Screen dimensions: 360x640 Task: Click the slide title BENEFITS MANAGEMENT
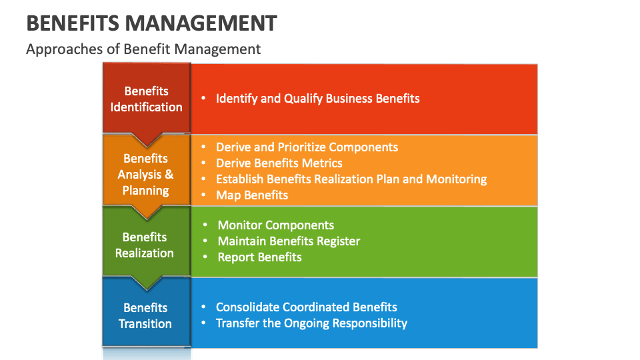click(151, 23)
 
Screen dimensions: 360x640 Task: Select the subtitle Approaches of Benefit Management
click(143, 49)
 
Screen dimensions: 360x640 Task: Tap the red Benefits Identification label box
click(147, 99)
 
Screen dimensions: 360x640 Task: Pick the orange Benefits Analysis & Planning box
click(145, 174)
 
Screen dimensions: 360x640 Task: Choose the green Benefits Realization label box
click(145, 245)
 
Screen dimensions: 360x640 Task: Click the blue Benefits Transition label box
click(145, 315)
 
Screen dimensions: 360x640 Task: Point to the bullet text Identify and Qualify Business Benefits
click(317, 99)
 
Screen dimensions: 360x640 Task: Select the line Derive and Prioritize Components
click(307, 147)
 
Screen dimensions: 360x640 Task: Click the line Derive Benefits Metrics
click(279, 163)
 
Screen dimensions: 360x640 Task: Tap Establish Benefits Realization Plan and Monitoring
click(351, 179)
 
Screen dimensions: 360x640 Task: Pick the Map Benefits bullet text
click(252, 195)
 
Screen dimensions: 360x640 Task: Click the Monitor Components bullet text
click(276, 225)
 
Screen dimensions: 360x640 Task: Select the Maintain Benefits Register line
click(289, 241)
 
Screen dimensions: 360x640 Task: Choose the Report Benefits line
click(259, 257)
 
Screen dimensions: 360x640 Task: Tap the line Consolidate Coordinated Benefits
click(306, 307)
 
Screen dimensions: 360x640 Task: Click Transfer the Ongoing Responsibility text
click(311, 323)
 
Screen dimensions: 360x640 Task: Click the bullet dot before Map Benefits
click(203, 195)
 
